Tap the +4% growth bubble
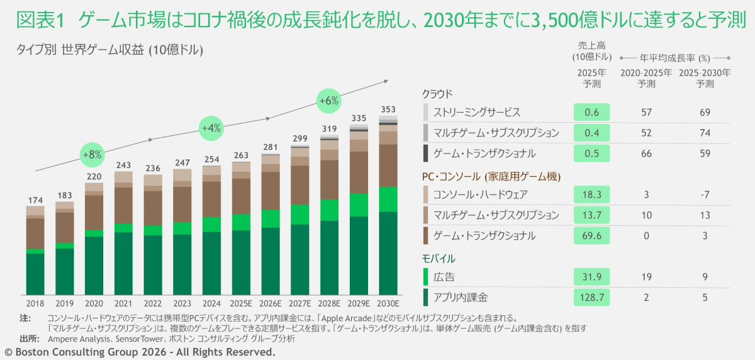coord(211,128)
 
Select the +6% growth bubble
coord(328,100)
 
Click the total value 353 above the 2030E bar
coord(389,109)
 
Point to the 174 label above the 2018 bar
coord(35,200)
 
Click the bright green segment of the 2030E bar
coord(389,200)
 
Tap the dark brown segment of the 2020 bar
coord(94,212)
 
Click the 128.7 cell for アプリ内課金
coord(591,297)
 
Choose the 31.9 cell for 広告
coord(591,276)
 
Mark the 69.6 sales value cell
coord(591,235)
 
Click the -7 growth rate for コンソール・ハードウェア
coord(705,194)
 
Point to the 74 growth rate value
coord(705,133)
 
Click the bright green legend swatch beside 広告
coord(426,276)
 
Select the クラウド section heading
coord(437,94)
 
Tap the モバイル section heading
coord(439,258)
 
